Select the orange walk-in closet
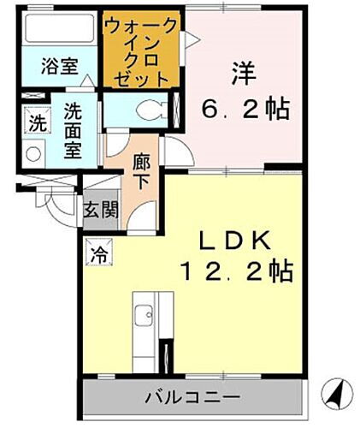(142, 50)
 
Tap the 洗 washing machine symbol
(36, 122)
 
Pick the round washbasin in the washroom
(34, 155)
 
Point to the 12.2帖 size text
(237, 272)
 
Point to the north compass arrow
(335, 395)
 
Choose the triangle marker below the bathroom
(89, 82)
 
